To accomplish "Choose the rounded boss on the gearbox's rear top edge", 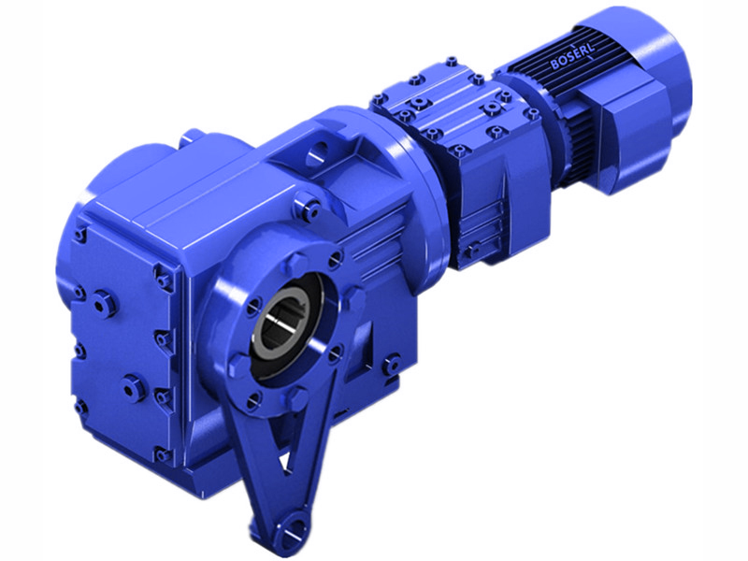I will [x=194, y=137].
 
